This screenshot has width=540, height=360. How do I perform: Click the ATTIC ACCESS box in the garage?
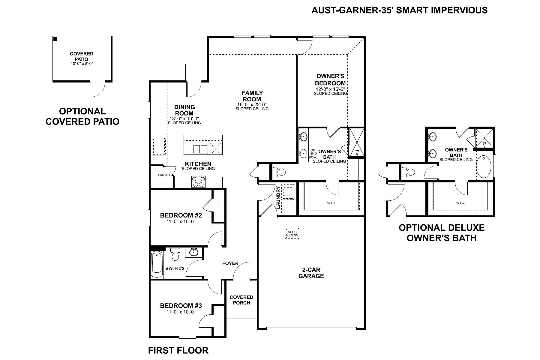click(x=292, y=233)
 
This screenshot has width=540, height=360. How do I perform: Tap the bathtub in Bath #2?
click(x=157, y=265)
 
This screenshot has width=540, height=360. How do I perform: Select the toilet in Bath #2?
click(x=175, y=255)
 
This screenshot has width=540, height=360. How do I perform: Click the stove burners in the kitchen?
click(x=198, y=182)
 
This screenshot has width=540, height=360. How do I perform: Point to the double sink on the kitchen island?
click(x=200, y=149)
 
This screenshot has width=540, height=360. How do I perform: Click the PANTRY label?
click(x=164, y=175)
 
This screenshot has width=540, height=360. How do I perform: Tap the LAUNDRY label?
click(x=278, y=198)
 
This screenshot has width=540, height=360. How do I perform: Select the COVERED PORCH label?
click(x=241, y=300)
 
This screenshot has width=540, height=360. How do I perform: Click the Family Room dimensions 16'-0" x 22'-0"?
click(x=252, y=104)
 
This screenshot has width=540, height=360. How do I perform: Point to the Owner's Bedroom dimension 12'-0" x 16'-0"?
click(x=330, y=89)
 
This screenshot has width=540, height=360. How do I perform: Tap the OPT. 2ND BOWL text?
click(x=313, y=153)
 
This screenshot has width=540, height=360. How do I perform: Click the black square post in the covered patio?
click(x=55, y=39)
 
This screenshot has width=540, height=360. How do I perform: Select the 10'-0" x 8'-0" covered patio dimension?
click(x=82, y=64)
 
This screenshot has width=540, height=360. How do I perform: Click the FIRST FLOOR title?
click(x=178, y=350)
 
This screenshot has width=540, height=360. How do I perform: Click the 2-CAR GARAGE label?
click(x=311, y=273)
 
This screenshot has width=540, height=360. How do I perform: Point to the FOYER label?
click(x=230, y=263)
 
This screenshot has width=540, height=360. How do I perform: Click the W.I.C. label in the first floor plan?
click(x=331, y=203)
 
